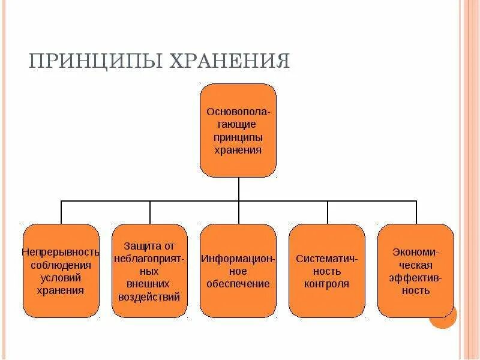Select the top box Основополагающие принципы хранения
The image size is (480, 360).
point(238,131)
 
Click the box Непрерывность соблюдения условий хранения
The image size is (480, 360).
point(61,271)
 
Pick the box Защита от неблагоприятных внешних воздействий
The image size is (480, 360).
point(150,271)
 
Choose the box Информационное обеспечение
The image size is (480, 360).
point(238,271)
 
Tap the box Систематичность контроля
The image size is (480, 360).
point(327,271)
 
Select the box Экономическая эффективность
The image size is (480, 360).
point(416,271)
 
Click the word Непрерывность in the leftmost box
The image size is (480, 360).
point(61,251)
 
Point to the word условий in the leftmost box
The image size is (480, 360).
point(61,277)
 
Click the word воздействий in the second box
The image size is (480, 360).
point(150,296)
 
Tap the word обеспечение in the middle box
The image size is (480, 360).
point(238,284)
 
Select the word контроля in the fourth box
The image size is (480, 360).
point(327,284)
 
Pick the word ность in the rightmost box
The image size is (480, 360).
point(416,290)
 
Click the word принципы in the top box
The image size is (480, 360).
point(238,137)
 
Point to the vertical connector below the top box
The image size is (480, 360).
point(238,189)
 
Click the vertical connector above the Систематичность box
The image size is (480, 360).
point(328,212)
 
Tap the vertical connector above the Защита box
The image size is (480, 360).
point(150,212)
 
